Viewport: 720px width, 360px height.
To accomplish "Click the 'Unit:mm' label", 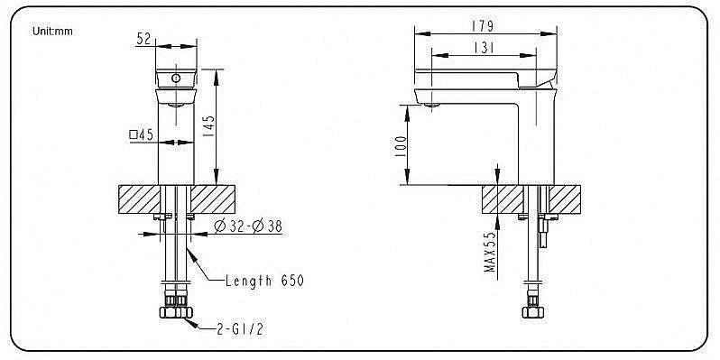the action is click(52, 32).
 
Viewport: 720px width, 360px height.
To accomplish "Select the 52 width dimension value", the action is click(143, 39).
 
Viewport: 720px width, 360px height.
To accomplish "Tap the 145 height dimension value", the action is click(208, 125).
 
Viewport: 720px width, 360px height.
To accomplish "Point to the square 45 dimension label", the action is click(141, 134).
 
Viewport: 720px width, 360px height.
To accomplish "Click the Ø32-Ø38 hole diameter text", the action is click(248, 226).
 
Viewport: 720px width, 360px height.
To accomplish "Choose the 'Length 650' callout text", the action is click(264, 280).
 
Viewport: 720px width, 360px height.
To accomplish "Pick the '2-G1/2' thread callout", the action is click(240, 328).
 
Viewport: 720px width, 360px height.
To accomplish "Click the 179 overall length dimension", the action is click(483, 27).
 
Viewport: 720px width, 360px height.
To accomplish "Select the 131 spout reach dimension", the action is click(483, 48).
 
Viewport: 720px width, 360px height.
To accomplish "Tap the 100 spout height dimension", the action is click(401, 146).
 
